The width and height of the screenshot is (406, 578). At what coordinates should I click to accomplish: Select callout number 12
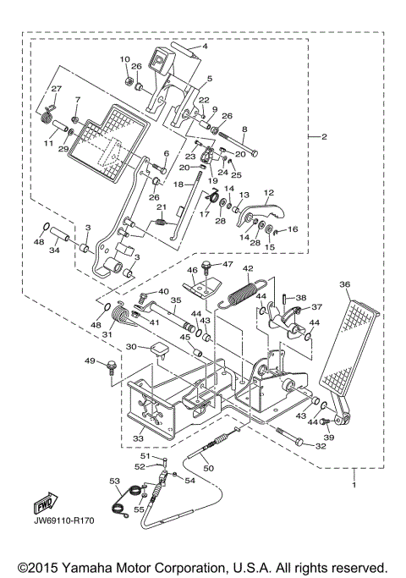270,192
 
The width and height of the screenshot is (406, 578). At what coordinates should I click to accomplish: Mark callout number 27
57,89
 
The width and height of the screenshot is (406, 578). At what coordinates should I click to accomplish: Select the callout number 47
228,265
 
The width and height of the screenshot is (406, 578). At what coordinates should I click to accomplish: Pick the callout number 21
162,207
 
